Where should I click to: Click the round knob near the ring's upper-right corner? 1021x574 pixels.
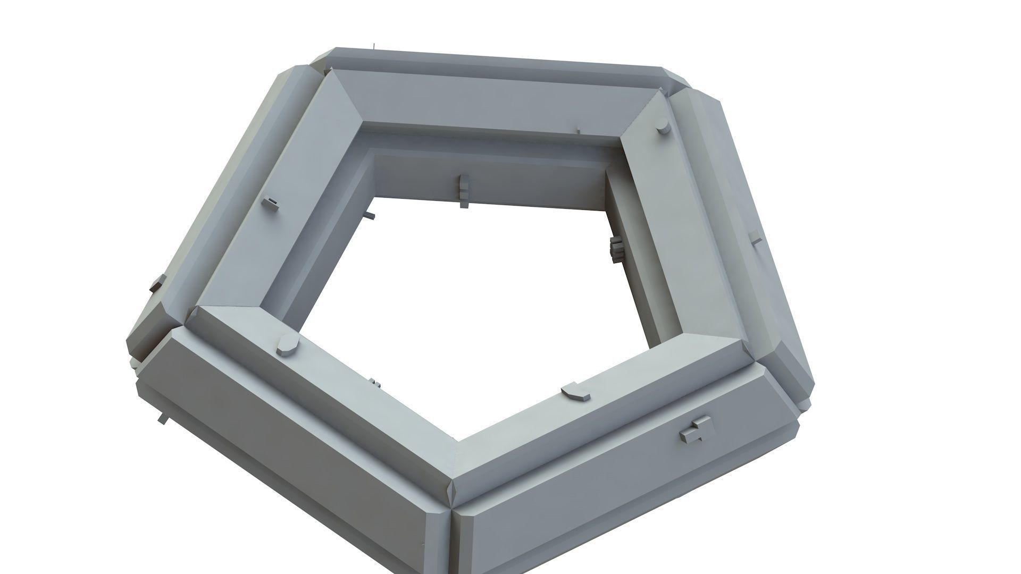[x=662, y=127]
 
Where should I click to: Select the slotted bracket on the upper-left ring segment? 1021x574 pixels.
[x=270, y=204]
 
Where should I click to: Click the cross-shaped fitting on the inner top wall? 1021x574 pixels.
[x=463, y=190]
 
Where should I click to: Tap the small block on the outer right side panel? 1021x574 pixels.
[x=755, y=239]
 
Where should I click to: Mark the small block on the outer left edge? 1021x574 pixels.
[x=156, y=284]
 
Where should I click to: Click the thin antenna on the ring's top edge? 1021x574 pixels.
[x=374, y=47]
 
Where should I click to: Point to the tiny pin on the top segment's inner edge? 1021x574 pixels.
[x=579, y=131]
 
